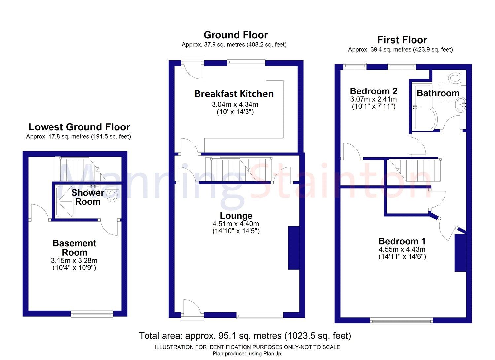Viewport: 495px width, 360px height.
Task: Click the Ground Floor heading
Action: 235,35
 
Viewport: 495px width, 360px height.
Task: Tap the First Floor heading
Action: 402,40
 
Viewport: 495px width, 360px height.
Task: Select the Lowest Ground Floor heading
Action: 79,127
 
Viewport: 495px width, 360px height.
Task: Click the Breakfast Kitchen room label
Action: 234,94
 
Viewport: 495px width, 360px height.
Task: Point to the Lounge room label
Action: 236,216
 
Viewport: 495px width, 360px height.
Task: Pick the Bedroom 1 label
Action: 402,241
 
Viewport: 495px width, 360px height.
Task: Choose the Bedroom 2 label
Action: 374,91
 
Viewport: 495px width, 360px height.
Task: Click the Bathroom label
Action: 438,93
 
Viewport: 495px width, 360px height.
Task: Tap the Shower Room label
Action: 87,197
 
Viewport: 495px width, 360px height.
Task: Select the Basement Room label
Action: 75,248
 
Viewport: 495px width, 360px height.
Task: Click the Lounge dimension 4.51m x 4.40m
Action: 236,224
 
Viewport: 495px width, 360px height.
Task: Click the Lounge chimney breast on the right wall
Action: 294,248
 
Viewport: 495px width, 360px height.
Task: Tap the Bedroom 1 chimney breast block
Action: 460,253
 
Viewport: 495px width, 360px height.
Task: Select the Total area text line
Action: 245,336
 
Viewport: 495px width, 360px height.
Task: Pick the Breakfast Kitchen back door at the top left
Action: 192,69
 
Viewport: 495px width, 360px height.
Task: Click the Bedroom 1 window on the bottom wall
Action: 401,320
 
